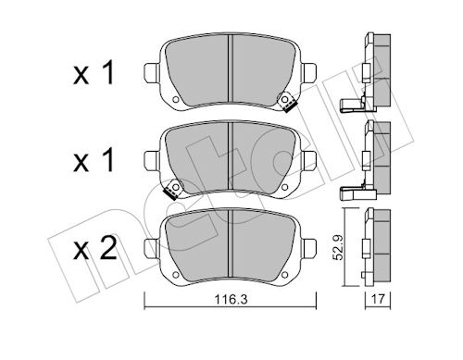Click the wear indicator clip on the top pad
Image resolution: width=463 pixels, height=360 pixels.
(x=288, y=105)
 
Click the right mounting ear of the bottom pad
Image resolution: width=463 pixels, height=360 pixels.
(x=309, y=246)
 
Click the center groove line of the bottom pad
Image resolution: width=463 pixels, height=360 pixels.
(x=231, y=245)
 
